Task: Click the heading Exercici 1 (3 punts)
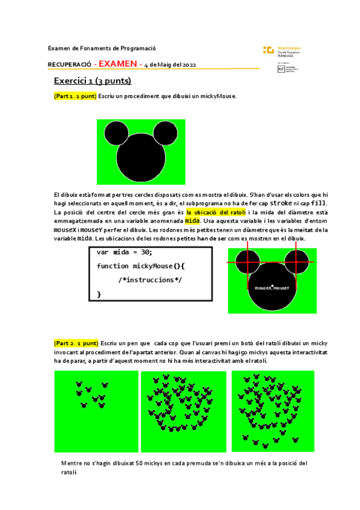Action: (x=93, y=81)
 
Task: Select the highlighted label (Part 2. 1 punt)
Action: (x=75, y=343)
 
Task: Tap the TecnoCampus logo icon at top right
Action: (x=268, y=50)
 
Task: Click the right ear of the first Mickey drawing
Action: (x=165, y=133)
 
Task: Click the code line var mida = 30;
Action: (x=124, y=253)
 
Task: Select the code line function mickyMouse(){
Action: (x=141, y=266)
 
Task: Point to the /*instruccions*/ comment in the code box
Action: (x=150, y=280)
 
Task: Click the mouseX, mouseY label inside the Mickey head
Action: (x=272, y=288)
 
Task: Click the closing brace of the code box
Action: (x=99, y=293)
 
